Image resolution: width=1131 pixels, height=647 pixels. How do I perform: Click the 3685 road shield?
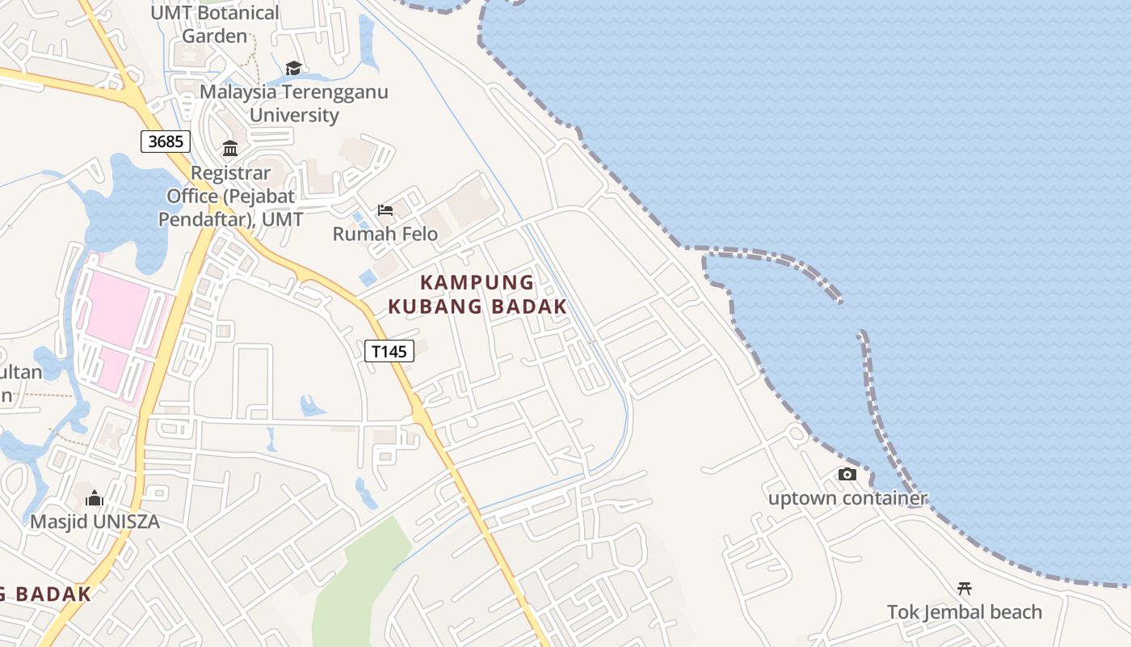(x=166, y=142)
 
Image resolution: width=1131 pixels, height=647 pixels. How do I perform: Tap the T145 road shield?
(x=389, y=351)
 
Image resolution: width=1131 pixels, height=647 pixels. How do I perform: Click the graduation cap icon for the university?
(x=293, y=69)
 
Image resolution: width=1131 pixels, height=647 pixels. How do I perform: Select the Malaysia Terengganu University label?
(x=294, y=103)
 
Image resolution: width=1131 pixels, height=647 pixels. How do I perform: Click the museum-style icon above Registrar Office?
(x=230, y=149)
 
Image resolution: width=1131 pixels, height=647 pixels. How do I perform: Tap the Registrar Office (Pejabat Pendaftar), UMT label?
(x=230, y=196)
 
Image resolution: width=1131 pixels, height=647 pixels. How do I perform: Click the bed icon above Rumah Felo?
(x=385, y=210)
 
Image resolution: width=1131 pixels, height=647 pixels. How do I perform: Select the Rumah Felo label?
(x=385, y=234)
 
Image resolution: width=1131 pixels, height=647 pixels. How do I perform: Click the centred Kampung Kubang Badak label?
(x=477, y=294)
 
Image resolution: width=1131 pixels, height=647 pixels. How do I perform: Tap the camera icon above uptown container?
(x=847, y=475)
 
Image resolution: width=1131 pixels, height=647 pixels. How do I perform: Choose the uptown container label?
(x=847, y=498)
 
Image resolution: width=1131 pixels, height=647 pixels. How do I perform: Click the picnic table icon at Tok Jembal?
(x=964, y=589)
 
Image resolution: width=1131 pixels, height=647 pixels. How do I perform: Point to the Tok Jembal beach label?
(x=965, y=612)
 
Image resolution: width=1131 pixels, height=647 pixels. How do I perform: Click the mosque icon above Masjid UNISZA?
(x=95, y=498)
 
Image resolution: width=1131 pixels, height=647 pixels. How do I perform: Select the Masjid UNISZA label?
(x=95, y=522)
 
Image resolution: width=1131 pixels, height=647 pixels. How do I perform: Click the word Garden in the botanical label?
(x=215, y=36)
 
